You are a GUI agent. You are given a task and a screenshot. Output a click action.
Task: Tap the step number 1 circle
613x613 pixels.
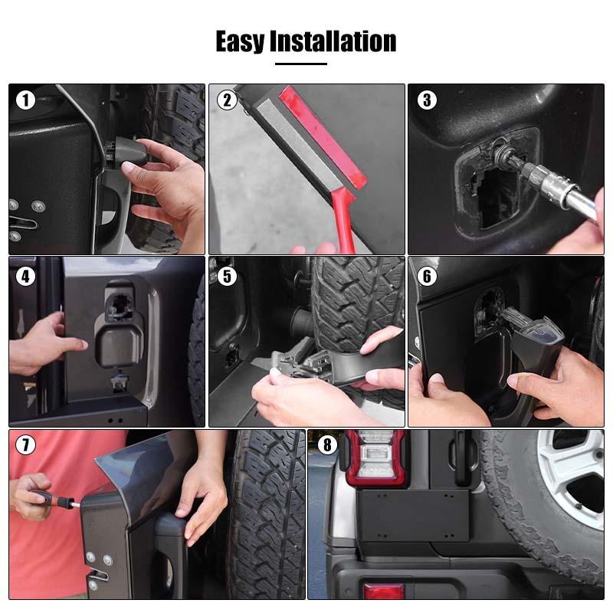pyautogui.click(x=26, y=100)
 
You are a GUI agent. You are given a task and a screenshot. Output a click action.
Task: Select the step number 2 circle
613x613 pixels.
pyautogui.click(x=226, y=100)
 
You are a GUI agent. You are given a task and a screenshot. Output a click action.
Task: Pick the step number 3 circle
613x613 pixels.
pyautogui.click(x=427, y=100)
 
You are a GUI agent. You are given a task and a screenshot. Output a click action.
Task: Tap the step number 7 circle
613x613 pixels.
pyautogui.click(x=26, y=445)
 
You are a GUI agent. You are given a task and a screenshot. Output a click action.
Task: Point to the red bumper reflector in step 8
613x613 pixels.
pyautogui.click(x=383, y=591)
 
